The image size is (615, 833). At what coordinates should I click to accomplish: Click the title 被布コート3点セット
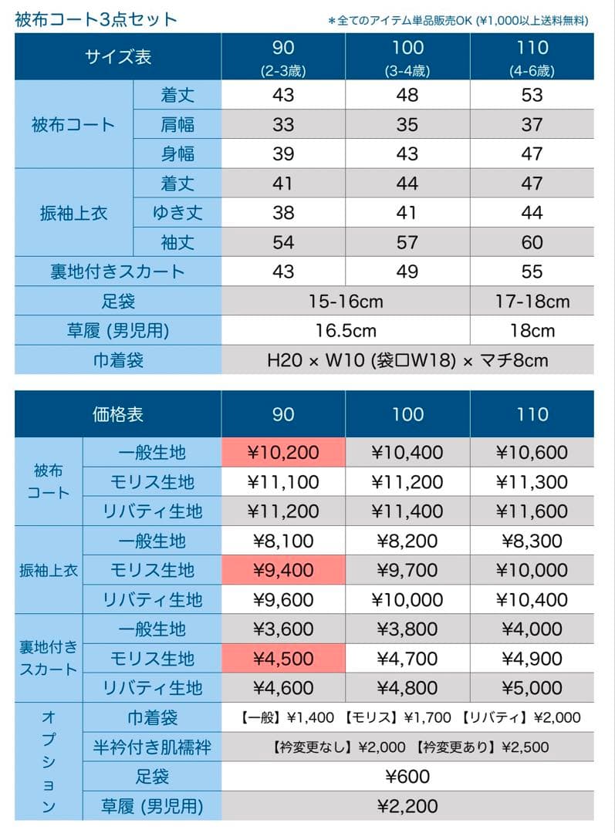[96, 19]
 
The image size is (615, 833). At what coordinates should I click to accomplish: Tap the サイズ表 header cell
[118, 57]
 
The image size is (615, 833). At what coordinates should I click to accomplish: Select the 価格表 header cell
[118, 414]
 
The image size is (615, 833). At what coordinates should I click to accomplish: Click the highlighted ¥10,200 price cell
[283, 453]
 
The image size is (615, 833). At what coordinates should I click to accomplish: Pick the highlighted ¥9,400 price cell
[283, 571]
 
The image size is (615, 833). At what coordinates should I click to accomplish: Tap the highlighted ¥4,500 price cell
[283, 659]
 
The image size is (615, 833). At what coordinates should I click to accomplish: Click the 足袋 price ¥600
[407, 777]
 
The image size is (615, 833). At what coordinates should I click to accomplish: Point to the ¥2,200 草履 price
[407, 806]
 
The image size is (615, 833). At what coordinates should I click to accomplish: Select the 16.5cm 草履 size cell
[346, 330]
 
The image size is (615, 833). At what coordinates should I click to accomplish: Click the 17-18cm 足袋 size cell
[532, 301]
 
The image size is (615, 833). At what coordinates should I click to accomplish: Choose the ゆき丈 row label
[177, 213]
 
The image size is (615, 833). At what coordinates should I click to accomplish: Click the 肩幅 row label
[177, 124]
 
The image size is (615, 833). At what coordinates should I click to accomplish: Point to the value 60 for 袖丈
[532, 242]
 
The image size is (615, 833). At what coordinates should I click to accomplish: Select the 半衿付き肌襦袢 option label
[152, 747]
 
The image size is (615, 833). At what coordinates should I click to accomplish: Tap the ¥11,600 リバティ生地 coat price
[532, 511]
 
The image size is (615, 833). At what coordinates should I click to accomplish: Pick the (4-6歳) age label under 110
[532, 72]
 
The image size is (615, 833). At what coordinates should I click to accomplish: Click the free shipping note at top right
[458, 20]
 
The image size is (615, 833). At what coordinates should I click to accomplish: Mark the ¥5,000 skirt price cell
[532, 688]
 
